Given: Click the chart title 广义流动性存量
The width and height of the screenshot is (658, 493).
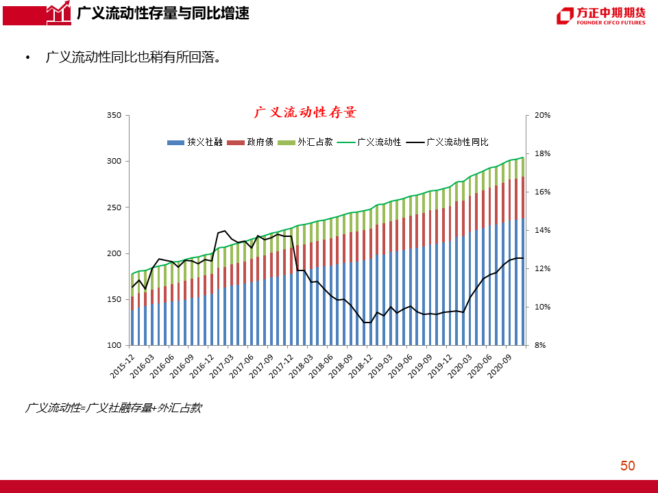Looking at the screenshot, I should point(306,112).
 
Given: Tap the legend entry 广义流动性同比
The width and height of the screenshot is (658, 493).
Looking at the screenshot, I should point(456,142).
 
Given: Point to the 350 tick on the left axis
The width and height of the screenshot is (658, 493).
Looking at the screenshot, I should point(114,116).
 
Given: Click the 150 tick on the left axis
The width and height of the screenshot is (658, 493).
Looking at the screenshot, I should point(114,299).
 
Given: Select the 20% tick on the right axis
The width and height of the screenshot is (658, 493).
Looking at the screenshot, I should point(543,116).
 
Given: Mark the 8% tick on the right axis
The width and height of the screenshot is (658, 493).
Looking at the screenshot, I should point(540,345).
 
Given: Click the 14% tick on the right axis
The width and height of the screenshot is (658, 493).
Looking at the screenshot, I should point(543,231).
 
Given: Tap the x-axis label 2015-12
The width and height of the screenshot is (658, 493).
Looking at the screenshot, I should point(121,363).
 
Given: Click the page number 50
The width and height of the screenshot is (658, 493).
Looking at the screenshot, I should point(627,466).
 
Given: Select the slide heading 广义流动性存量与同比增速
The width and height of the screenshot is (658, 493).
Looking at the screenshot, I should point(163,13).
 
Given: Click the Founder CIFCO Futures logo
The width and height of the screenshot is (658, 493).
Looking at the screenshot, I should point(601,16).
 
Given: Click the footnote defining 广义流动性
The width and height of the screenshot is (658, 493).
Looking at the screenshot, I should point(113,408).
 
